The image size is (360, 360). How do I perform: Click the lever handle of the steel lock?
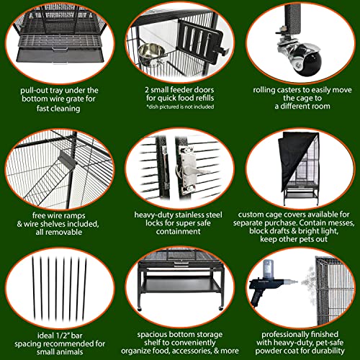tap(198, 171)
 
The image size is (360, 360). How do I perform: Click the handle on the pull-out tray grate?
tap(60, 50)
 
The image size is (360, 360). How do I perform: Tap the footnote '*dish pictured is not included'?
tap(180, 107)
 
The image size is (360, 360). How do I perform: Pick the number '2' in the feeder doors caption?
tap(147, 90)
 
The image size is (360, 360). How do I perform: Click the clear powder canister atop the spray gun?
tap(268, 269)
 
